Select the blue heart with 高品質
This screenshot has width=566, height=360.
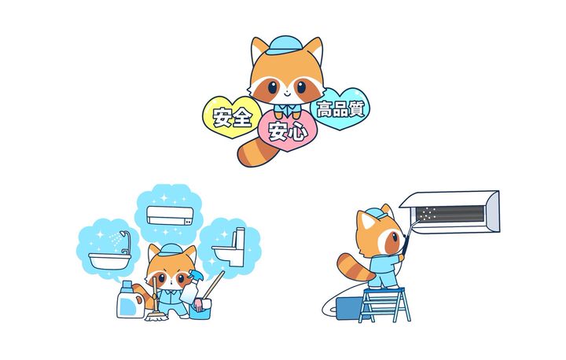coord(340,108)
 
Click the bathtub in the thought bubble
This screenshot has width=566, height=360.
coord(110,261)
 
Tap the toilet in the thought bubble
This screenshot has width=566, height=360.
coord(230,248)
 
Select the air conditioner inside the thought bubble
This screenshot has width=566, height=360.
coord(170,215)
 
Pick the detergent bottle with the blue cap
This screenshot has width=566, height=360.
coord(130,300)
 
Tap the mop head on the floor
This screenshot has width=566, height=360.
coord(156,316)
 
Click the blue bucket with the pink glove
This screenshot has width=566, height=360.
coord(200,310)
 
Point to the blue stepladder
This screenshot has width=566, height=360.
coord(384,304)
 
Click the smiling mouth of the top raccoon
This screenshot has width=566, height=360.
coord(286,94)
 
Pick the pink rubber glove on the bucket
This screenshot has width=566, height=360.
coord(198,304)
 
